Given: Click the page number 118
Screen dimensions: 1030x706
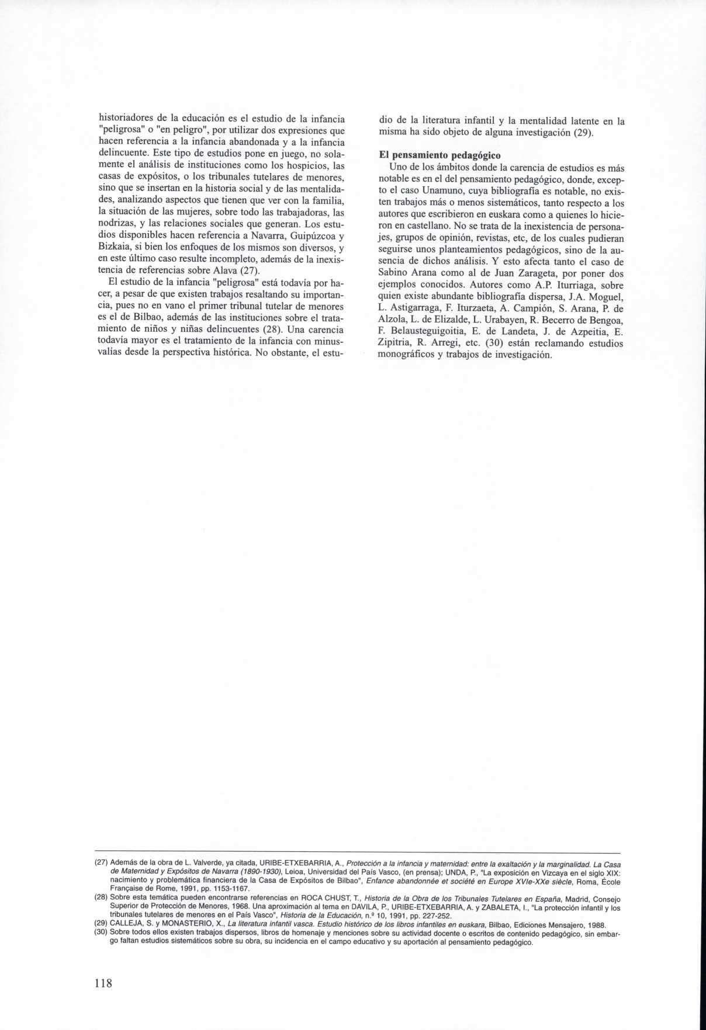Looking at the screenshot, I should click(x=103, y=983).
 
